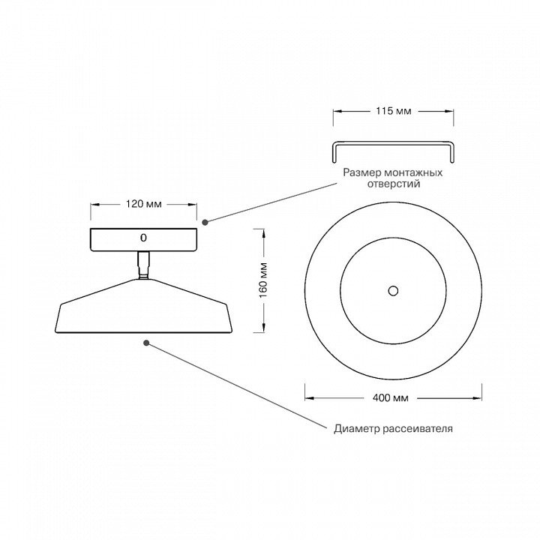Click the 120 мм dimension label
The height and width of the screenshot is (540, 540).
coord(143,204)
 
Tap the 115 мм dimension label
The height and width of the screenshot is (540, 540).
coord(393,111)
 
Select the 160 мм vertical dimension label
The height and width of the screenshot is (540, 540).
coord(263,280)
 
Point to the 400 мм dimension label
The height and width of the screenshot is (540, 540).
coord(391,398)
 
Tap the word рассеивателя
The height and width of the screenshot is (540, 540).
coord(418,429)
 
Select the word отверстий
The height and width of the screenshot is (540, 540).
coord(394,184)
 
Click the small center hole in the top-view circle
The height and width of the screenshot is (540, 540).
coord(393,291)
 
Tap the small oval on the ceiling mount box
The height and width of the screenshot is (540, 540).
coord(143,238)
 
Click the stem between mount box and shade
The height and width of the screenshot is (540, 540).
coord(143,265)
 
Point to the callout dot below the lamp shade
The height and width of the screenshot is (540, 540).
coord(146,343)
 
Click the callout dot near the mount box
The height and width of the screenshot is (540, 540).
coord(205,222)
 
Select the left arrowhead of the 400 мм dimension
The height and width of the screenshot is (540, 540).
coord(309,398)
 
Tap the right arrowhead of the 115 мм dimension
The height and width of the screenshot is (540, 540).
coord(449,111)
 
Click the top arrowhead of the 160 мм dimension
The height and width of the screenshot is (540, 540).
coord(263,233)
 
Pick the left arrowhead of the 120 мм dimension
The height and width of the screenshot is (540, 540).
coord(95,205)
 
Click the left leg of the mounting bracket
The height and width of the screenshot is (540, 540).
coord(334,154)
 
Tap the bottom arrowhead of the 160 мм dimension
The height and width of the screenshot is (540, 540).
coord(263,328)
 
